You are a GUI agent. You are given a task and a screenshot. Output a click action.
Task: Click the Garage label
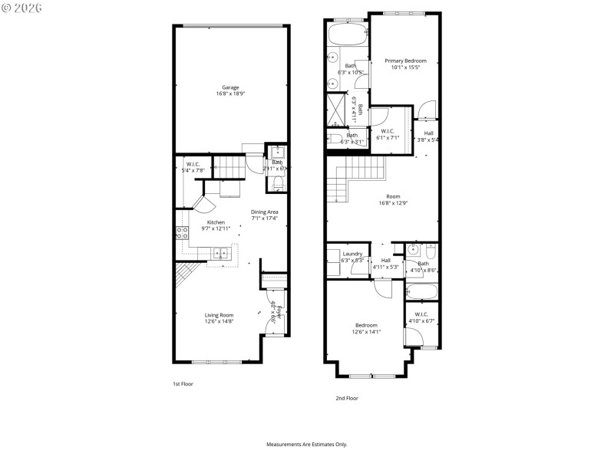(229, 87)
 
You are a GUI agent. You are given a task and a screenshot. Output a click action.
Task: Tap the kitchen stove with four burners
(183, 233)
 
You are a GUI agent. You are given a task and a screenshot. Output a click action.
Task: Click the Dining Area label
(264, 212)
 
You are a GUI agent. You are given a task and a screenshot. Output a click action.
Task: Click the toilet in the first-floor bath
(278, 182)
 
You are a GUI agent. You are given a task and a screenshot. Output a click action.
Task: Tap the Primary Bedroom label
(404, 61)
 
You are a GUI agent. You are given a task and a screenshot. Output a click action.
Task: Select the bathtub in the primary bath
(348, 34)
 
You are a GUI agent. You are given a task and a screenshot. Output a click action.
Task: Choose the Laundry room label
(352, 254)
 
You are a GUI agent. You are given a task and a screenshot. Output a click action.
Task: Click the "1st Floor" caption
(183, 383)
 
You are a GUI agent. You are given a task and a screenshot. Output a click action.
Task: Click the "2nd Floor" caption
(346, 398)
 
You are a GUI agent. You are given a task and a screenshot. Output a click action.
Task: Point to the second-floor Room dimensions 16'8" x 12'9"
(393, 203)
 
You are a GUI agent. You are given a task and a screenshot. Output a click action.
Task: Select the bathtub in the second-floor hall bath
(421, 291)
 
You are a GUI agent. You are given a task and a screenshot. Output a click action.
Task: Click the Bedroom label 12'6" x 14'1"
(365, 328)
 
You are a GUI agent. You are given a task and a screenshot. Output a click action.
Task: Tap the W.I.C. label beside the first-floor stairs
(192, 164)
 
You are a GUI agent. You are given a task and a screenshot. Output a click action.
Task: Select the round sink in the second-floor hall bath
(414, 250)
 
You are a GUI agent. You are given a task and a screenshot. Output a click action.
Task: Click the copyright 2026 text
(22, 8)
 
